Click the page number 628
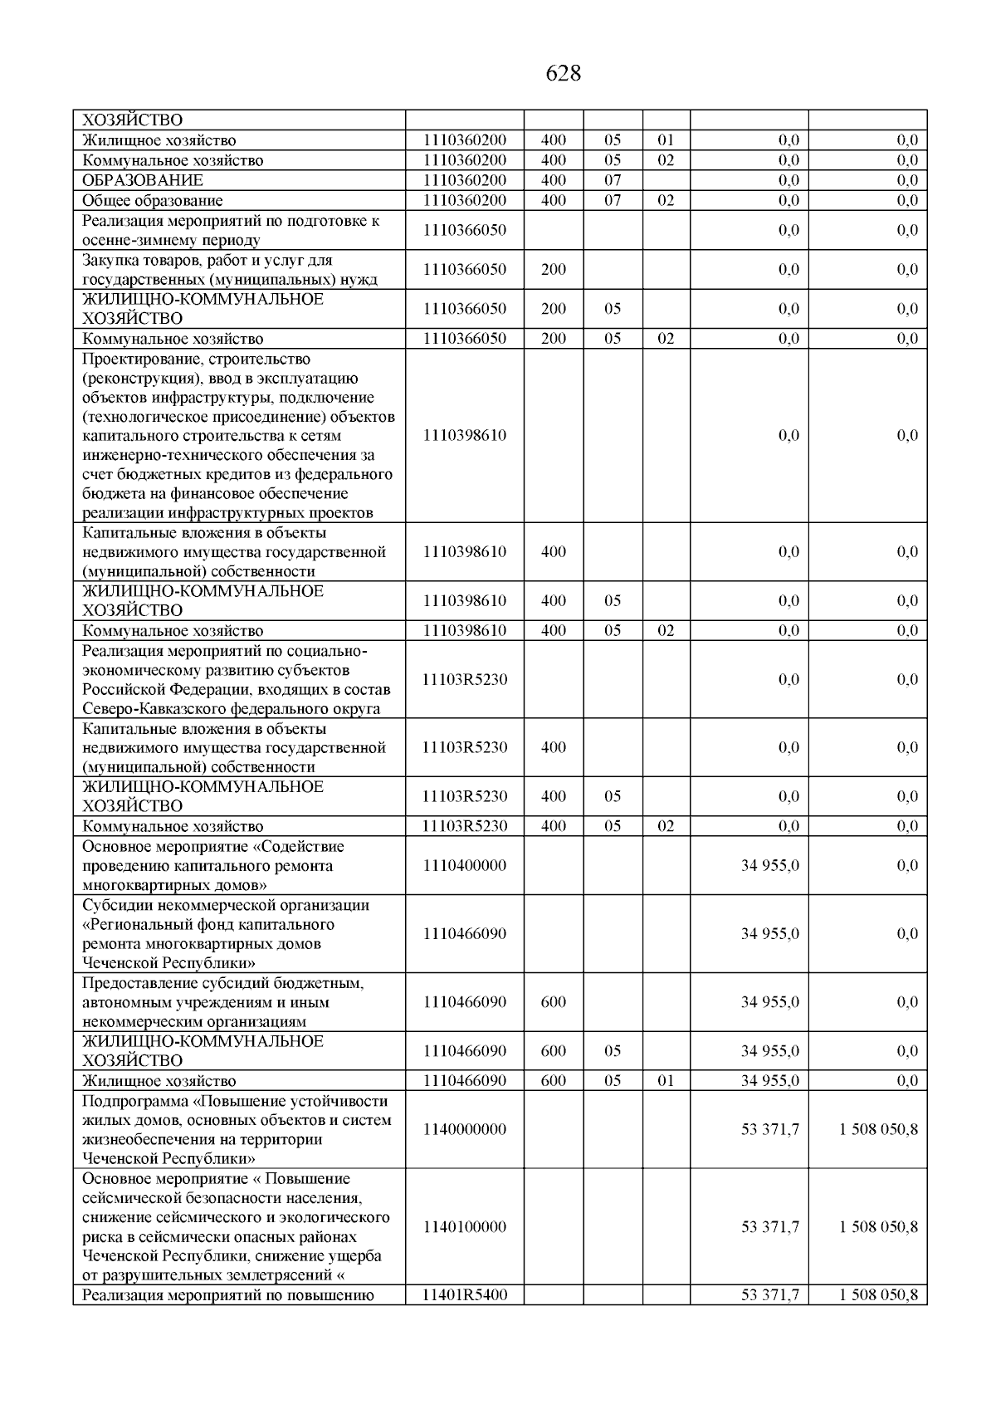[564, 74]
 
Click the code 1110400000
[464, 865]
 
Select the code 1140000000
[464, 1129]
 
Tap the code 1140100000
[464, 1226]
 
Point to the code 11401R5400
[464, 1294]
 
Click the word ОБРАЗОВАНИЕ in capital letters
[142, 180]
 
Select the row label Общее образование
[152, 200]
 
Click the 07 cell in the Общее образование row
[613, 200]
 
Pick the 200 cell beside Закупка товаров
[554, 269]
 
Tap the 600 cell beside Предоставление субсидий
[554, 1001]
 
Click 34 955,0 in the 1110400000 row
[769, 865]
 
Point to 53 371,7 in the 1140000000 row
[769, 1129]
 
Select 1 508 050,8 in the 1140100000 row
[878, 1226]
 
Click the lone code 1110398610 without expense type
[464, 435]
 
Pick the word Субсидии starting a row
[114, 905]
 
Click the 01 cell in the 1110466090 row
[666, 1081]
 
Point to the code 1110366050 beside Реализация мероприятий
[464, 230]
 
